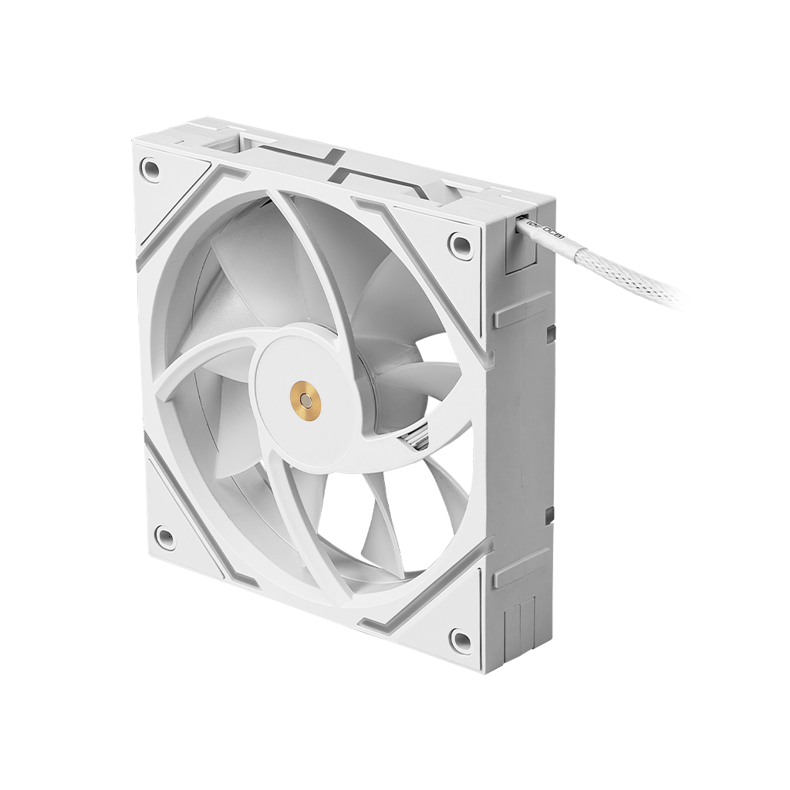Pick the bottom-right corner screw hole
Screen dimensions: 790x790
pos(460,638)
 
